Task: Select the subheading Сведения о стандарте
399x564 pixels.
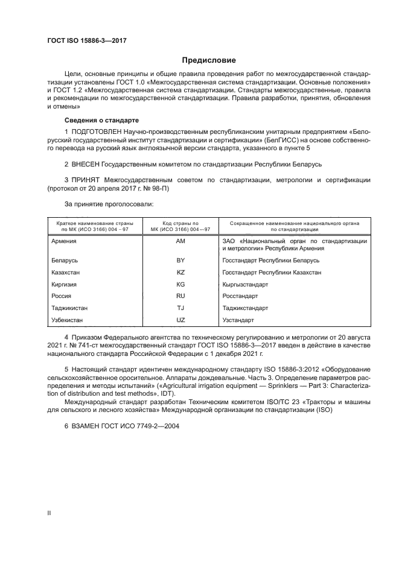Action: pos(101,120)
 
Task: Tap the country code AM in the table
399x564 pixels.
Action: pos(180,241)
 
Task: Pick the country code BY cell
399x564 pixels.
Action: pos(180,261)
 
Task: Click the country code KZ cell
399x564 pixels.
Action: pos(180,272)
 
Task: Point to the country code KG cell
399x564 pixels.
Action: pos(180,284)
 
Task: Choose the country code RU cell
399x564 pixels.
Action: pos(180,296)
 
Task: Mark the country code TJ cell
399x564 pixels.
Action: pos(180,308)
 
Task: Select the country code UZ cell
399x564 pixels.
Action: pos(180,320)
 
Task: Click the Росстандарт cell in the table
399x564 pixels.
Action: pos(240,296)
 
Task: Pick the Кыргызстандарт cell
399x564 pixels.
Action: pos(245,284)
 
